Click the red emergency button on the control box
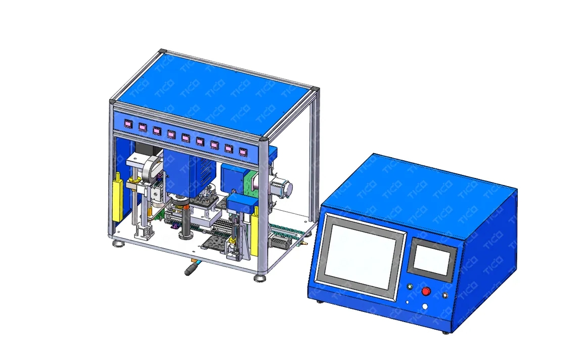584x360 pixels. [x=426, y=291]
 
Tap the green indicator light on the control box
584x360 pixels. [x=410, y=286]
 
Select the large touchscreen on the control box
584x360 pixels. [x=360, y=256]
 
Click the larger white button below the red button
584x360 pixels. [x=425, y=307]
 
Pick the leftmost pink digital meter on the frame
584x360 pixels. [x=128, y=123]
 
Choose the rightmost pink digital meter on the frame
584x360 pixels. [x=243, y=152]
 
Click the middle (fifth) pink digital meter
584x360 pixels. [x=186, y=138]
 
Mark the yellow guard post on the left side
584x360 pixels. [x=118, y=197]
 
